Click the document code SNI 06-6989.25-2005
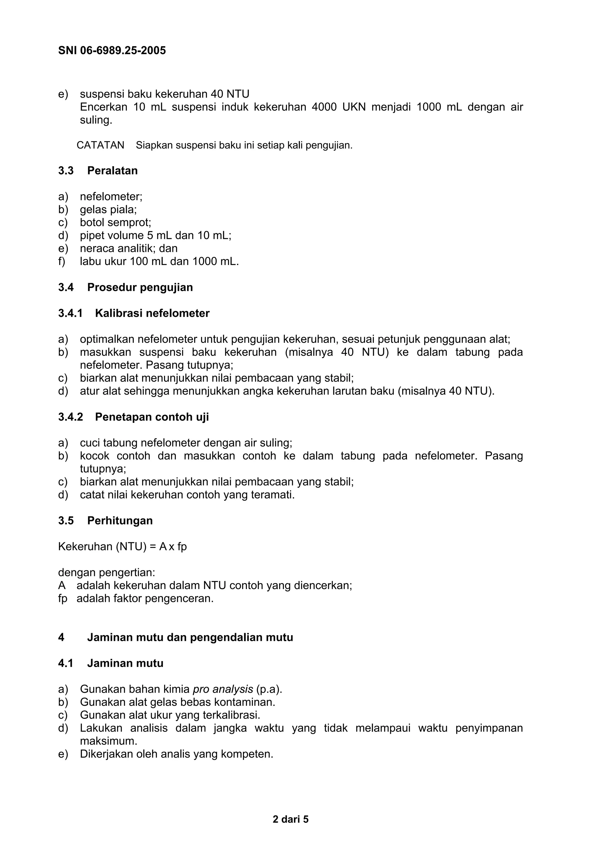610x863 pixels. [112, 50]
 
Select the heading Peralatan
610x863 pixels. [112, 171]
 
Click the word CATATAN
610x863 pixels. [100, 145]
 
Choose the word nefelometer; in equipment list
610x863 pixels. [111, 197]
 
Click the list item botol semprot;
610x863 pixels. [115, 222]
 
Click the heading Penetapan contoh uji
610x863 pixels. [152, 417]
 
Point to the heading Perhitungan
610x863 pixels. [120, 521]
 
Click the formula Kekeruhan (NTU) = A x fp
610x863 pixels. [122, 546]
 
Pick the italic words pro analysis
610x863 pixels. [222, 689]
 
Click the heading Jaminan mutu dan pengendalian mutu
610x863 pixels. [190, 638]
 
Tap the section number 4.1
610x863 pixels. [66, 663]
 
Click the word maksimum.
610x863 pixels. [108, 741]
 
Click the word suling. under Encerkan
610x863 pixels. [96, 120]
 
